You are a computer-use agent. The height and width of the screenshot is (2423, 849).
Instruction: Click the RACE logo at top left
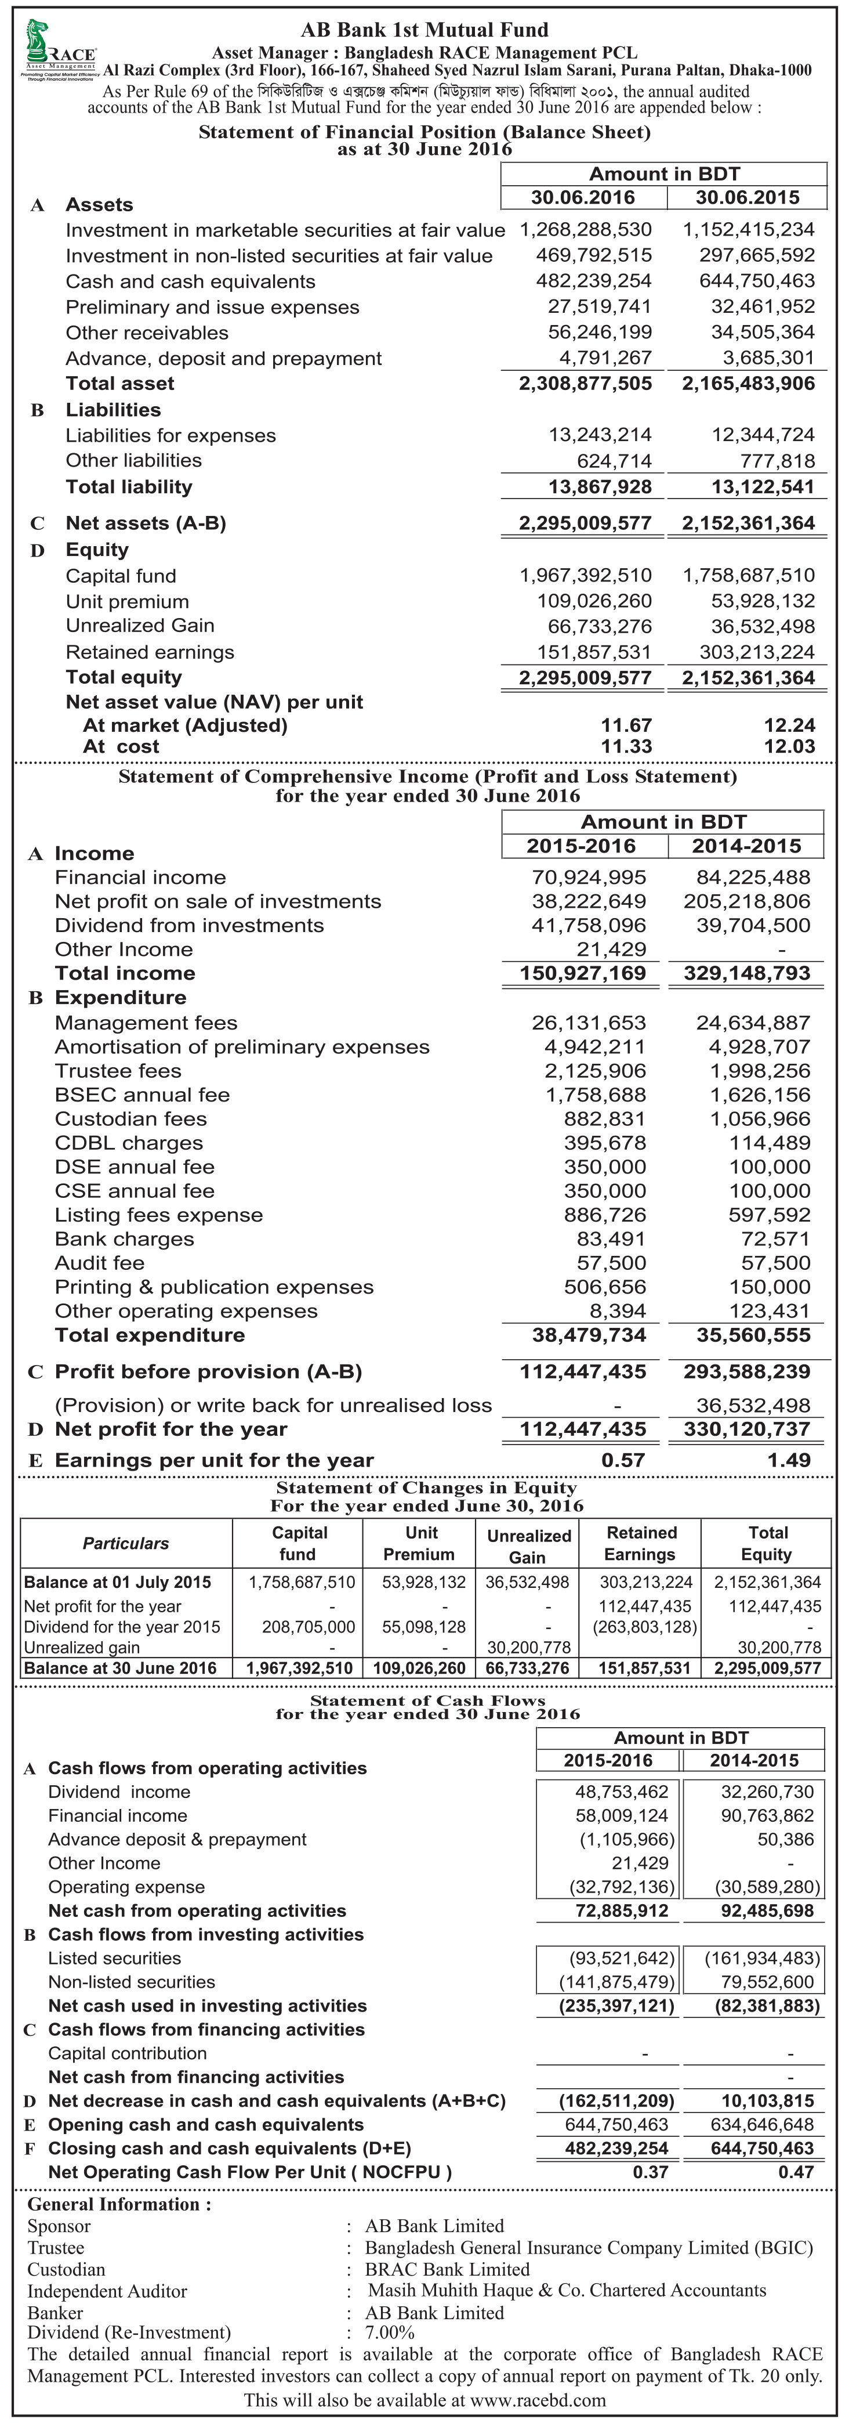59,51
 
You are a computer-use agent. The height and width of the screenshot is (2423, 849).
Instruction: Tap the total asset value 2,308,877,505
585,384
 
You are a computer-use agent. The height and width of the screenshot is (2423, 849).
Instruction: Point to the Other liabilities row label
133,461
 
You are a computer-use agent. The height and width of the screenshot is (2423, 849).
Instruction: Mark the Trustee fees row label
118,1071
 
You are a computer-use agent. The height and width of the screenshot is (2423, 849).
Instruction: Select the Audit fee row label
100,1263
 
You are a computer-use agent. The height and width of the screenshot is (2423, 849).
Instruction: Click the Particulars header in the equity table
126,1544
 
